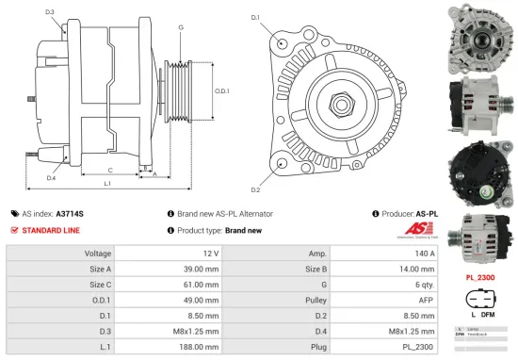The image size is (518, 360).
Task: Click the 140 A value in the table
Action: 424,254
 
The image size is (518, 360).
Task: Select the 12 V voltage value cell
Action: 210,254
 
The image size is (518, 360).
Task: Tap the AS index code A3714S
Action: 70,214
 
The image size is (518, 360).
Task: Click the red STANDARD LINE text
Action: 51,230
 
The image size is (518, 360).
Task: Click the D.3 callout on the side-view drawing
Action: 49,12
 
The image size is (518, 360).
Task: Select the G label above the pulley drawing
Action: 180,27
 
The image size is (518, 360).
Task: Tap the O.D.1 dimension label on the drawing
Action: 222,90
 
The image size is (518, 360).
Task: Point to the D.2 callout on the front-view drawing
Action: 254,164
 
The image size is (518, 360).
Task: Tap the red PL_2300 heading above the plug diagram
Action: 481,278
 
